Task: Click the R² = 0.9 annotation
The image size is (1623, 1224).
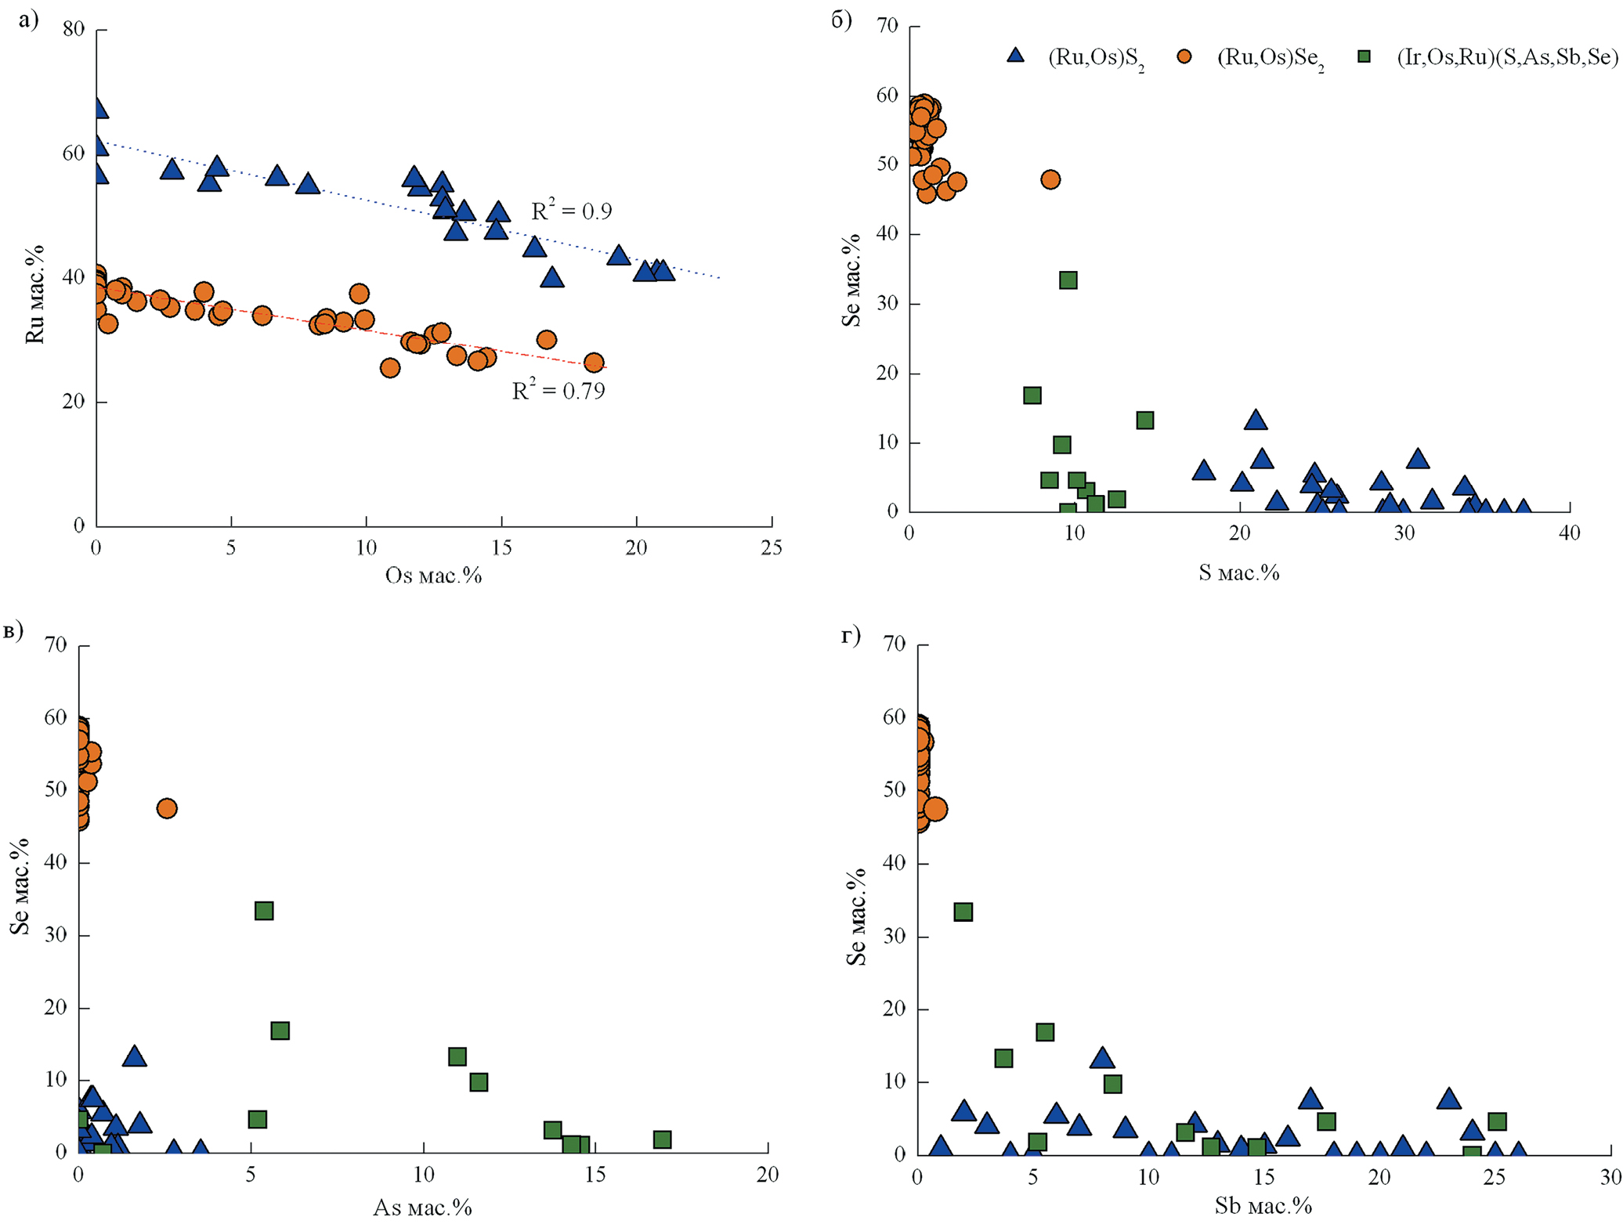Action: pos(571,210)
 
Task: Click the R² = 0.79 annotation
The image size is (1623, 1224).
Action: pos(558,389)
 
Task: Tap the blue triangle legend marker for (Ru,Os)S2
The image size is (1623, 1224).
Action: pos(1016,56)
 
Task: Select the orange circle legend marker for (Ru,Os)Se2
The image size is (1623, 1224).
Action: pos(1184,56)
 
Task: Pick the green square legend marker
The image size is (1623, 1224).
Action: pos(1365,56)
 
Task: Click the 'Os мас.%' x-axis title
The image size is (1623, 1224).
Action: pos(433,576)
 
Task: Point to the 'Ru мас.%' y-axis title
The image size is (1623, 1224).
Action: pos(35,294)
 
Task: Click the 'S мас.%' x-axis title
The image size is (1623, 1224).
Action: pos(1238,572)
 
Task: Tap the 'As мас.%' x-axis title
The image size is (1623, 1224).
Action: pos(422,1207)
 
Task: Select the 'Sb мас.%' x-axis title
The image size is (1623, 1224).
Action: pos(1263,1205)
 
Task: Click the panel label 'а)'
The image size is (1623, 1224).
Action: pos(29,20)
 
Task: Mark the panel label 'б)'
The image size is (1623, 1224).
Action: pos(841,20)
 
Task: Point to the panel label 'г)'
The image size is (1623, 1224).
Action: pos(851,635)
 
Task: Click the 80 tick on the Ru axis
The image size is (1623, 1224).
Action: pos(74,30)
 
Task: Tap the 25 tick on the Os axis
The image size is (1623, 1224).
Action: pos(772,547)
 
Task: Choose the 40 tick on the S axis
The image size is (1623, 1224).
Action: pos(1569,533)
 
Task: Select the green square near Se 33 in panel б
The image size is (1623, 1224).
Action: pos(1068,280)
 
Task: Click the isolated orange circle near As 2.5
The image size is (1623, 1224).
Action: pos(167,808)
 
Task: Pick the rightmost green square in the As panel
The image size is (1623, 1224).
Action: pos(662,1139)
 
